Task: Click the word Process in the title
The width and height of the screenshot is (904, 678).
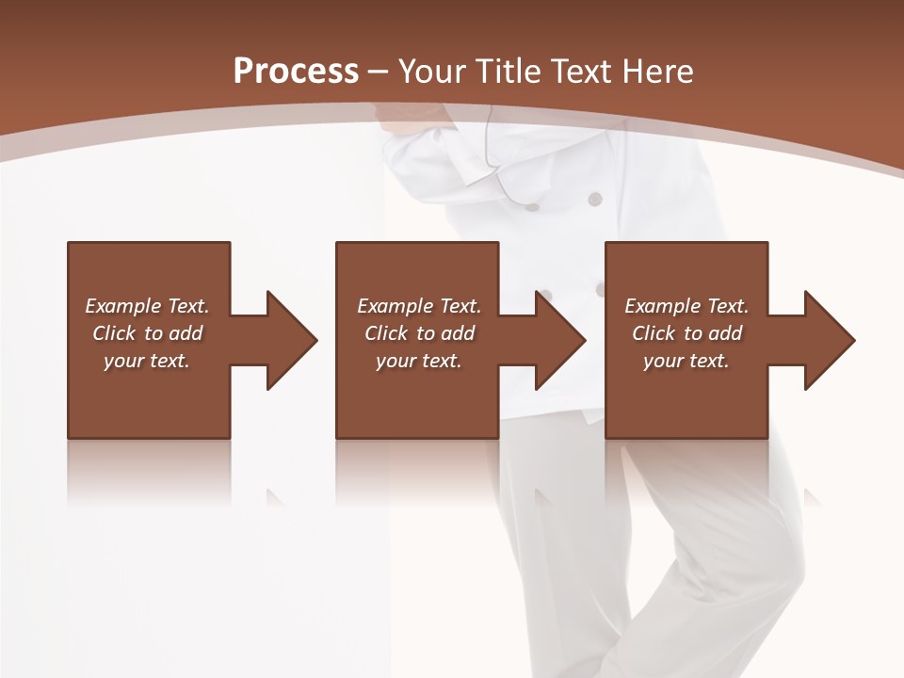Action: (x=296, y=71)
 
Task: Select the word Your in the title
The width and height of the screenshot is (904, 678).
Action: (x=427, y=71)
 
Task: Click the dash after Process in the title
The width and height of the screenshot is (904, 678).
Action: (x=379, y=73)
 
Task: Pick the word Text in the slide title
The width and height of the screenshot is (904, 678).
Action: (x=578, y=71)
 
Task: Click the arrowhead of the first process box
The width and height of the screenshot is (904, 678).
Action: (x=292, y=340)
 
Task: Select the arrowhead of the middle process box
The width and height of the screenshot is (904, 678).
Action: (x=560, y=340)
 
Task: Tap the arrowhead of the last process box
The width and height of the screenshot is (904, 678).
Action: (x=830, y=340)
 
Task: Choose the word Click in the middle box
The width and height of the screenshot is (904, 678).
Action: (x=386, y=333)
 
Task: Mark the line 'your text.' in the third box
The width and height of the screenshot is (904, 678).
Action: (x=686, y=361)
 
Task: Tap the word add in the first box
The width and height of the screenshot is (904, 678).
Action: (x=186, y=333)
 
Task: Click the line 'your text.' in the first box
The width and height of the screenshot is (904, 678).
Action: (x=147, y=361)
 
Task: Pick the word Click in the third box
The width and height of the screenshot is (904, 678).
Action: (x=654, y=333)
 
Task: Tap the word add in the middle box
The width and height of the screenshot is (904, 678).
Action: (x=459, y=333)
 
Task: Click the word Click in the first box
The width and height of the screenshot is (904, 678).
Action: (x=114, y=333)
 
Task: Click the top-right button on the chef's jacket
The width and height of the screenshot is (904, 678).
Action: (x=594, y=199)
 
